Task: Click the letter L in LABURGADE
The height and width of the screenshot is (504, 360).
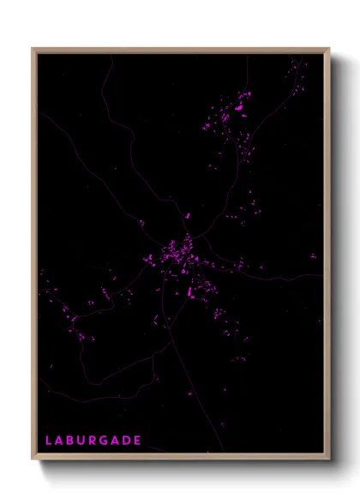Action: pos(49,441)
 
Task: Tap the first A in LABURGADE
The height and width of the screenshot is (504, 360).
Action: pos(60,441)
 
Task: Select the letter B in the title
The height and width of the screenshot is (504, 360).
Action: pos(71,441)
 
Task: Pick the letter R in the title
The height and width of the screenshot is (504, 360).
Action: pos(94,441)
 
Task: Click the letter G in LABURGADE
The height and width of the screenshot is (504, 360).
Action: pos(106,441)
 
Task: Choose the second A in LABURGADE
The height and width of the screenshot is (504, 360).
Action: pos(117,441)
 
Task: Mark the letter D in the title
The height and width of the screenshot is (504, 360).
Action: pos(128,441)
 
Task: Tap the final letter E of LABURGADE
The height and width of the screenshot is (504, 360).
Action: pos(138,441)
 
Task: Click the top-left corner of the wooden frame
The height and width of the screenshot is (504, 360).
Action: pos(33,49)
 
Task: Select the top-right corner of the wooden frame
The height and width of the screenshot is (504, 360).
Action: pos(329,49)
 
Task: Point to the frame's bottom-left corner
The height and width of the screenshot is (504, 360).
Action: pos(33,459)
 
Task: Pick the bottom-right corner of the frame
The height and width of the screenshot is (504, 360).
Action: pos(329,459)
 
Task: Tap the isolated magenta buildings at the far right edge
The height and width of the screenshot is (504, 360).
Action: pos(313,255)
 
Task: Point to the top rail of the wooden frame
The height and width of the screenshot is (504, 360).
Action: pos(180,51)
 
